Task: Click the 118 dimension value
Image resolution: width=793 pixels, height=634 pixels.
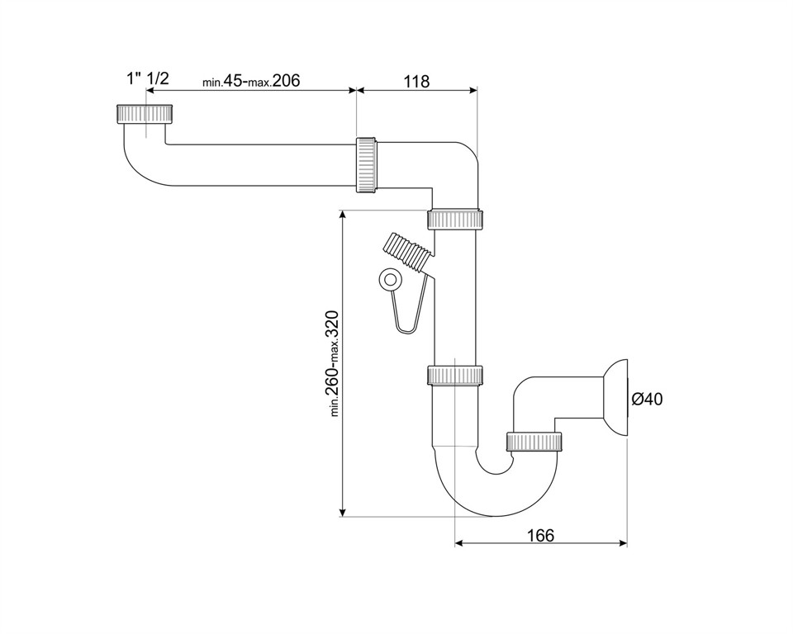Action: tap(416, 81)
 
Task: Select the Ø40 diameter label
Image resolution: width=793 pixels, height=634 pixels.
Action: tap(647, 400)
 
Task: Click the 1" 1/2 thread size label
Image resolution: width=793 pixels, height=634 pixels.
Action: tap(147, 78)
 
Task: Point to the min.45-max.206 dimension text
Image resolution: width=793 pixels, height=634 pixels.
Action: tap(250, 81)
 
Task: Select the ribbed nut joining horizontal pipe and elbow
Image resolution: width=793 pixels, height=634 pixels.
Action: tap(367, 165)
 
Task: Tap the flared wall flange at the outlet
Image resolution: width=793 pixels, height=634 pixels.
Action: tap(616, 400)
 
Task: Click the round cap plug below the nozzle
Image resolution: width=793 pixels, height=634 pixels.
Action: tap(387, 281)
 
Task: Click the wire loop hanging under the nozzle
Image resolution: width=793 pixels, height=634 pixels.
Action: tap(411, 318)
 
